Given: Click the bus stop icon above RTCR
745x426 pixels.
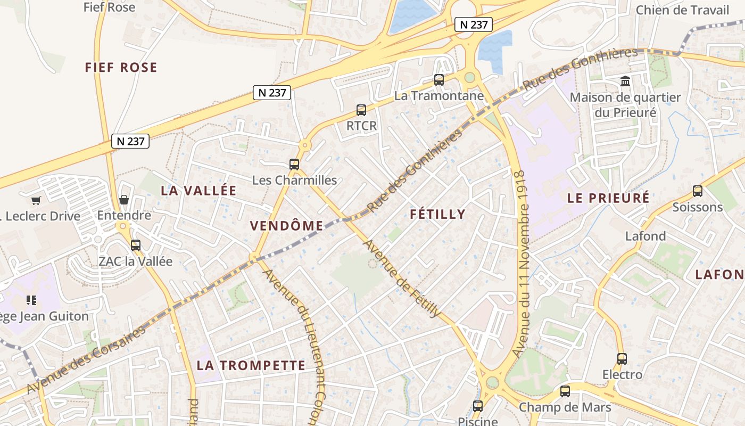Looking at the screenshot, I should click(x=361, y=110).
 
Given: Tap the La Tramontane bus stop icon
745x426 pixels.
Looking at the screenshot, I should click(x=438, y=80).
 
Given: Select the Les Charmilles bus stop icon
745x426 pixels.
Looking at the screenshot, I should click(x=294, y=164).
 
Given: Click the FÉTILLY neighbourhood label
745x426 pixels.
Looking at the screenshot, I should click(x=438, y=214).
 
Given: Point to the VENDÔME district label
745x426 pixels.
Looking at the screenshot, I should click(x=287, y=226).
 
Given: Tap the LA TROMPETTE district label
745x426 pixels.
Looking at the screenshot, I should click(x=251, y=365).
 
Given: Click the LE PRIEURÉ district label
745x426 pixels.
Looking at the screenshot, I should click(x=608, y=198).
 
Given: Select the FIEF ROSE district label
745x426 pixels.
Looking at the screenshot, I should click(x=121, y=67).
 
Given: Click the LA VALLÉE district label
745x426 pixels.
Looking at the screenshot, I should click(x=198, y=191).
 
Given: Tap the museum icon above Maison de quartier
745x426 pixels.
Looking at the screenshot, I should click(x=625, y=81).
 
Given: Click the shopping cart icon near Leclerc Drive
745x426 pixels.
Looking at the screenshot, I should click(x=36, y=200).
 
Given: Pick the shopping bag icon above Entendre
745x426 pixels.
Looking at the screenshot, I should click(x=124, y=200).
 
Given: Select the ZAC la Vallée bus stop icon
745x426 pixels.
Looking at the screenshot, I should click(x=136, y=245).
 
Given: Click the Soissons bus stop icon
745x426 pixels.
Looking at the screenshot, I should click(x=697, y=191).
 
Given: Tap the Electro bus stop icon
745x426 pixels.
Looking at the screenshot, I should click(x=622, y=358).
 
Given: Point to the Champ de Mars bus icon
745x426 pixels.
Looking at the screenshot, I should click(x=565, y=391).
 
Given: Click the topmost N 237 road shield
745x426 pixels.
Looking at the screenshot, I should click(x=473, y=24).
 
